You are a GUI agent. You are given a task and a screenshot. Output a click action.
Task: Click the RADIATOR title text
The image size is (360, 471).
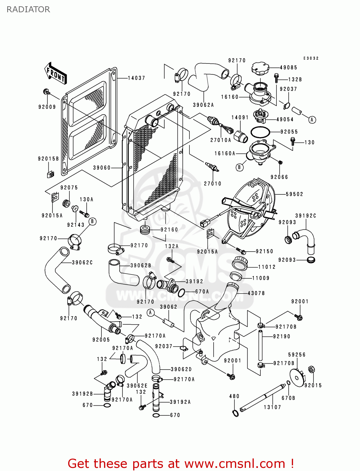[28, 9]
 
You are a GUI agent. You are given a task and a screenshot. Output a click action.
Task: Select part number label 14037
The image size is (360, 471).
[136, 78]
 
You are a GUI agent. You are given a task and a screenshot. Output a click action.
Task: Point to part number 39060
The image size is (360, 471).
[102, 168]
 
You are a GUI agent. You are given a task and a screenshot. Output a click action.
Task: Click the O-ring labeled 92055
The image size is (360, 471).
[260, 132]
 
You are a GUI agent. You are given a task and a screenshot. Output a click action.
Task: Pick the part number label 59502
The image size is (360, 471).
[294, 194]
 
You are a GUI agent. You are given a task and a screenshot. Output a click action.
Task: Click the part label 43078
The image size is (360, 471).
[256, 293]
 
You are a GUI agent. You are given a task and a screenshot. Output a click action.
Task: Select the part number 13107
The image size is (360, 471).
[272, 407]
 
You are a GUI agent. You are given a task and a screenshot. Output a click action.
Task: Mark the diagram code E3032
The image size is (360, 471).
[311, 58]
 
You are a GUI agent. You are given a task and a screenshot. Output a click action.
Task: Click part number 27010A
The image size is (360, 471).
[221, 140]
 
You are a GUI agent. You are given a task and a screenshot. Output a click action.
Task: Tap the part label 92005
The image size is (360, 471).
[101, 339]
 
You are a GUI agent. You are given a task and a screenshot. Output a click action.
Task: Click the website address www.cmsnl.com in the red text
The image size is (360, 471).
[235, 463]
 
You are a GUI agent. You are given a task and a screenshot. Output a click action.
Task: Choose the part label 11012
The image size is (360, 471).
[267, 267]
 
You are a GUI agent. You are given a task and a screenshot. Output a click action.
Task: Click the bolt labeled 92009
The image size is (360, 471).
[46, 92]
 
